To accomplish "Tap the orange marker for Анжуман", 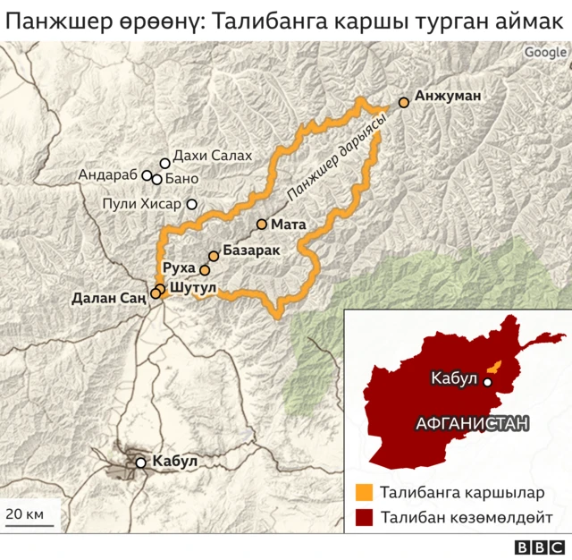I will tap(404, 103).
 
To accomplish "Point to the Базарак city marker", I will tap(214, 256).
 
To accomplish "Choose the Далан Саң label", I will tap(108, 299).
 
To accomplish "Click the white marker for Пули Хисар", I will tap(191, 204).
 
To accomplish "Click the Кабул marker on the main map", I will tap(140, 462).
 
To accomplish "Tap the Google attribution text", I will tap(545, 52).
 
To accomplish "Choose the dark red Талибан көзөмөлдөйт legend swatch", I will tap(364, 518).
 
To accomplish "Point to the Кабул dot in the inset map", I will tap(488, 382).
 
